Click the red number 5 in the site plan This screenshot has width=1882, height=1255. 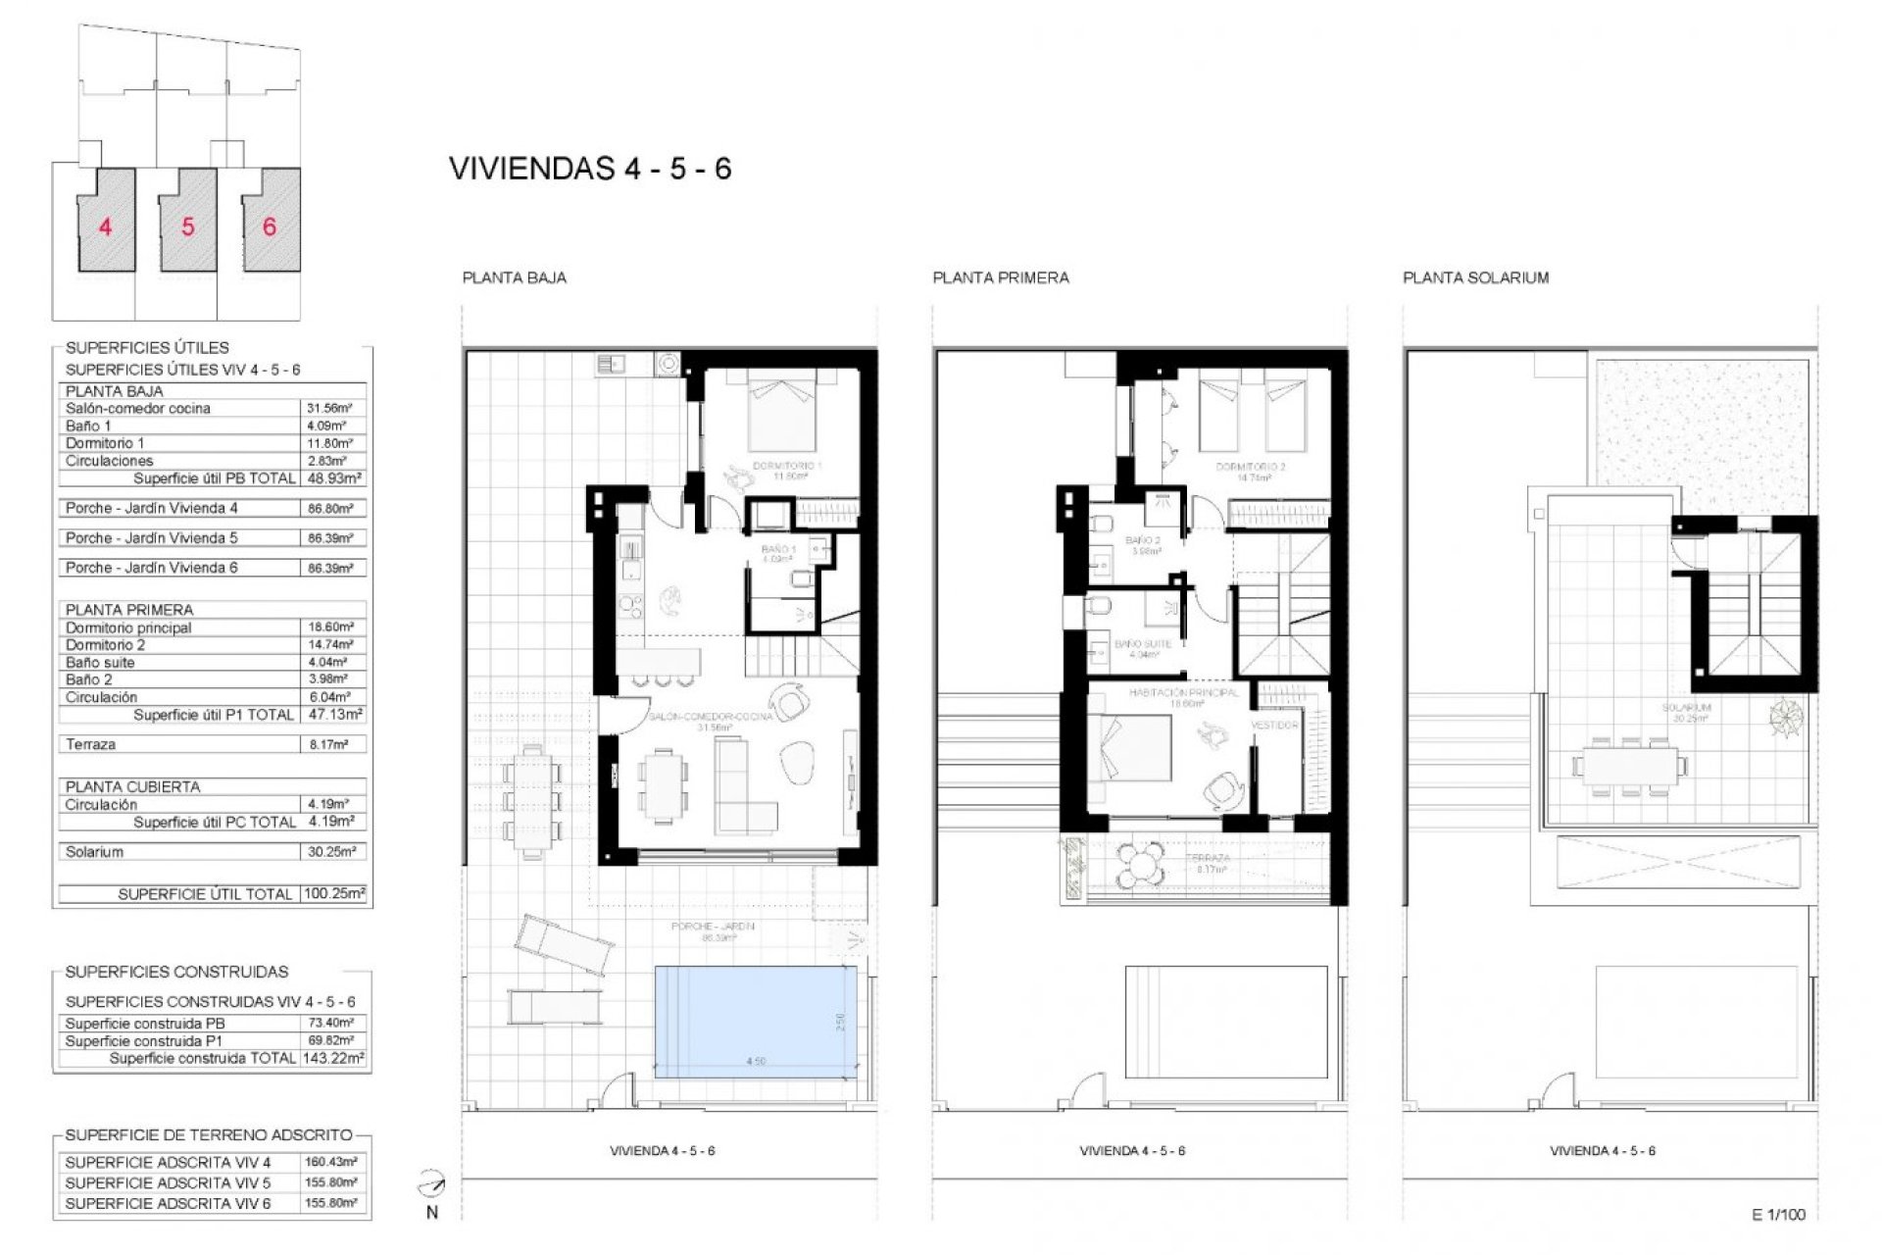click(x=187, y=226)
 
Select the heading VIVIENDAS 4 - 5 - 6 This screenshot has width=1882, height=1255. click(x=590, y=169)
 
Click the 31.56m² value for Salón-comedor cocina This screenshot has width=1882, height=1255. click(x=330, y=408)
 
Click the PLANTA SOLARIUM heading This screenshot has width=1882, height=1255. click(x=1475, y=277)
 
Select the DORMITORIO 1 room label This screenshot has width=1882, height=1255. click(x=786, y=466)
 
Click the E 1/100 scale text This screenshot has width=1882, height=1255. click(x=1777, y=1215)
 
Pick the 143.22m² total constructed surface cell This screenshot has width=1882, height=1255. click(x=332, y=1058)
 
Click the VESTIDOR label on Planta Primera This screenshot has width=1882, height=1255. click(x=1274, y=726)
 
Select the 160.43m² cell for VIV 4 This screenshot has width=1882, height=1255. click(x=331, y=1163)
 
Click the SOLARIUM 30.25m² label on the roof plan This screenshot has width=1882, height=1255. click(x=1686, y=712)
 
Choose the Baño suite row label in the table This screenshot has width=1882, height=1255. click(x=100, y=663)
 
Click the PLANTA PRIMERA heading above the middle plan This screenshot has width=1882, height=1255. click(x=1000, y=277)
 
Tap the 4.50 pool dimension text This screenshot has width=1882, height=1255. click(x=755, y=1061)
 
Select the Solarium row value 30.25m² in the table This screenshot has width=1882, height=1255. click(x=330, y=852)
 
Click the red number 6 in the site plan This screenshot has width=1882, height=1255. click(x=270, y=226)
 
